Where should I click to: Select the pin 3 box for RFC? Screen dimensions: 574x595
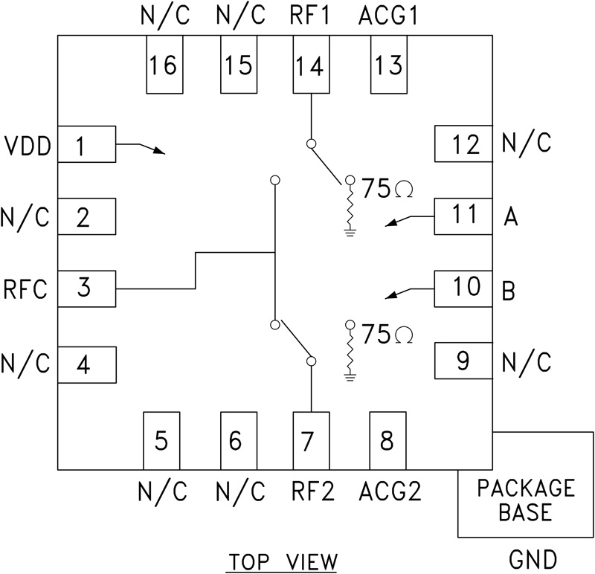(86, 288)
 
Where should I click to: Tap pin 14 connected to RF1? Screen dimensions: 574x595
(310, 65)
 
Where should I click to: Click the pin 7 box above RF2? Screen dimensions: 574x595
(310, 441)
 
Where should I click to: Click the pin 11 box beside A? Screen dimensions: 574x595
(463, 216)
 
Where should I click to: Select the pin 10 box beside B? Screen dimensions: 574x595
(463, 288)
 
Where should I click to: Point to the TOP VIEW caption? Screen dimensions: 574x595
(282, 559)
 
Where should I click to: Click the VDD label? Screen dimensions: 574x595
(26, 146)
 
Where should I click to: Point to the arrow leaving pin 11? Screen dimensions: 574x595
(409, 219)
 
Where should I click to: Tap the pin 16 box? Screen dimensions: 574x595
(164, 65)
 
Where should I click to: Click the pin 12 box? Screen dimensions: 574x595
(463, 144)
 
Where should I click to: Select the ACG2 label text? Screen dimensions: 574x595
(388, 490)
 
